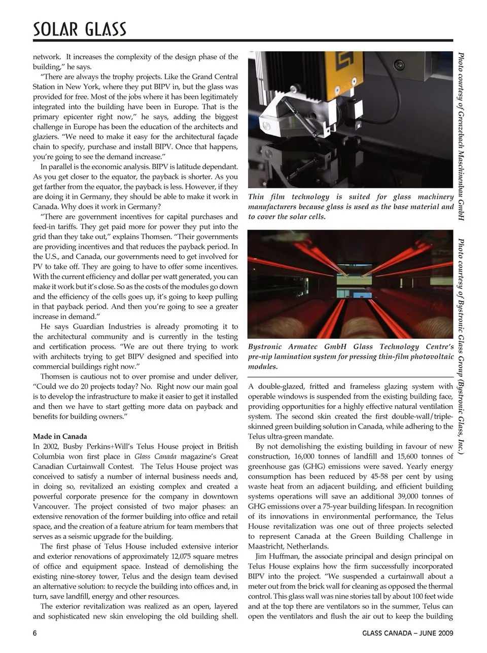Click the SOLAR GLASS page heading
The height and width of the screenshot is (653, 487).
click(x=80, y=29)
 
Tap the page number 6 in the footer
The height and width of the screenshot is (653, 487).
click(x=35, y=633)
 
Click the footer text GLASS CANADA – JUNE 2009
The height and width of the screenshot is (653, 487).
click(x=408, y=633)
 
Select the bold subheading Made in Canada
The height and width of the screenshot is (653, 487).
click(x=60, y=436)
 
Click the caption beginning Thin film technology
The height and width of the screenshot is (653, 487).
click(x=351, y=206)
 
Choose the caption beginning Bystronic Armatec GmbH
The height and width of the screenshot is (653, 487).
click(x=351, y=356)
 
